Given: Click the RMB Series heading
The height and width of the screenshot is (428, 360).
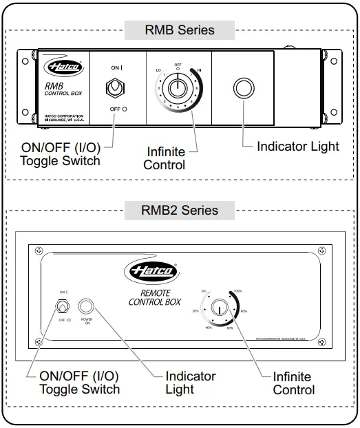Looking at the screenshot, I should pos(180,30).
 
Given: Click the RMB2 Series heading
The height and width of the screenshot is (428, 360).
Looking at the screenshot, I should pos(180,211).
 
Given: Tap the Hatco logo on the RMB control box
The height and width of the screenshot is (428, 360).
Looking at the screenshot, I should pos(64,67).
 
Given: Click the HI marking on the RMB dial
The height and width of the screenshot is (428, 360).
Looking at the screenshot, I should pos(200,70).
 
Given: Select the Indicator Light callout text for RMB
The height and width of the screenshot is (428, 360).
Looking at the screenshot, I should pos(297,146).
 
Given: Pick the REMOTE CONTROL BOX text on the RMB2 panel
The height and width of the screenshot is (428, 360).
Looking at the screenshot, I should pos(156,297).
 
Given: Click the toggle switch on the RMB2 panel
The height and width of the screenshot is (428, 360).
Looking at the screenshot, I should pos(63,306).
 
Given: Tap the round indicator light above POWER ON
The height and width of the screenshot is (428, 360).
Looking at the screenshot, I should pos(87,306).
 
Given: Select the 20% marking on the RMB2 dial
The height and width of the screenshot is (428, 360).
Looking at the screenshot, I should pos(195,311).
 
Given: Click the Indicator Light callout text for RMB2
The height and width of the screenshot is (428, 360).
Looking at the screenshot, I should pos(190,383).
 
